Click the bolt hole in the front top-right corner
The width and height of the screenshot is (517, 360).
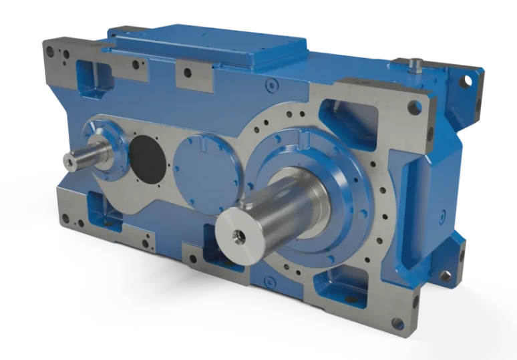pos(415,106)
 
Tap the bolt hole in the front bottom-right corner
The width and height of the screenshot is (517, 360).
pos(399,325)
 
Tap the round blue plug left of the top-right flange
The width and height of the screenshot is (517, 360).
pos(271,85)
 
